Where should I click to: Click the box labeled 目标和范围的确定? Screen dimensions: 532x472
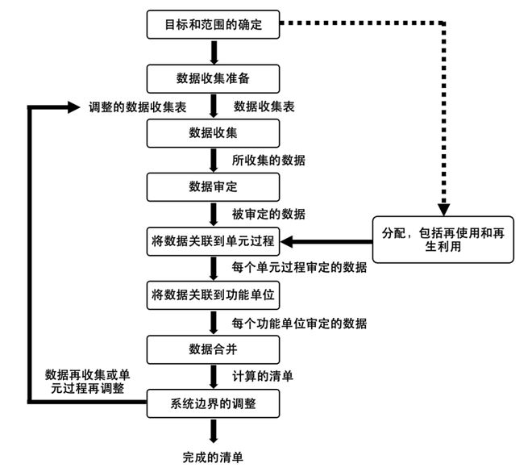213,24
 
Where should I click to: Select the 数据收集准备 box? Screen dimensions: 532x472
213,79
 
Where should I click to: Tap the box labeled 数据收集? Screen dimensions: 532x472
213,133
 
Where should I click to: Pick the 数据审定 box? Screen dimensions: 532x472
213,187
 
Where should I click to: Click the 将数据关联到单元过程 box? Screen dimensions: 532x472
213,241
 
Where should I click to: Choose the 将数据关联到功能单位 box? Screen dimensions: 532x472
213,295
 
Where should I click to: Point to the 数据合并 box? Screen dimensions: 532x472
213,349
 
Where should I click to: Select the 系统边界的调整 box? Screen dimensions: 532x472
213,403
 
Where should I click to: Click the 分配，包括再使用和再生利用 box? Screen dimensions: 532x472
443,240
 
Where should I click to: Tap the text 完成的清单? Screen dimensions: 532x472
213,457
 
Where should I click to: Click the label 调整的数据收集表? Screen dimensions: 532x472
137,107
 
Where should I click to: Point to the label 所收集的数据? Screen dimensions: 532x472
268,161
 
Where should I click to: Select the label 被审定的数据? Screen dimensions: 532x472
268,215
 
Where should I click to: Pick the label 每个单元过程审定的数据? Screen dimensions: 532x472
299,268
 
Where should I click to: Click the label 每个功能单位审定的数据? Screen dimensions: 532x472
299,324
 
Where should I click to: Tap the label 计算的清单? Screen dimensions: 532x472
263,376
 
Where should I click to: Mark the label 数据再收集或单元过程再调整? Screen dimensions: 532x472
88,382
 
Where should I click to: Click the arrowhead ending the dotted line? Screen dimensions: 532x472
444,210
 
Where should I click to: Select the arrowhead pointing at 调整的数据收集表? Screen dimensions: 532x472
73,107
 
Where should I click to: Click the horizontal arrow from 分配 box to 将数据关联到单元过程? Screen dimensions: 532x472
326,242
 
